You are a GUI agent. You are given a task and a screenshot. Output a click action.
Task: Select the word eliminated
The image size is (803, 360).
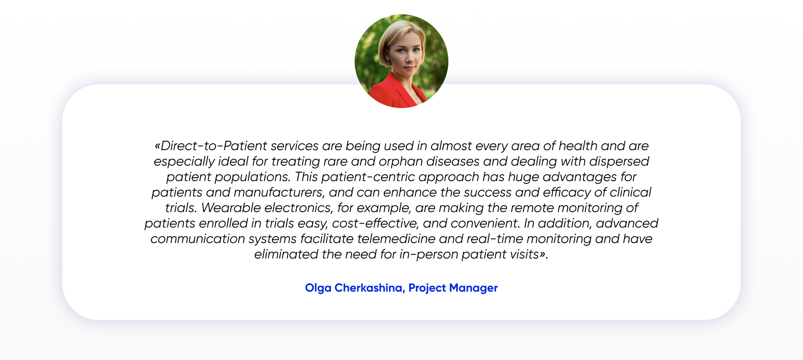tap(286, 254)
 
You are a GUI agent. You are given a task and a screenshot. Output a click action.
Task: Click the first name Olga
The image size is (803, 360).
tap(318, 288)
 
